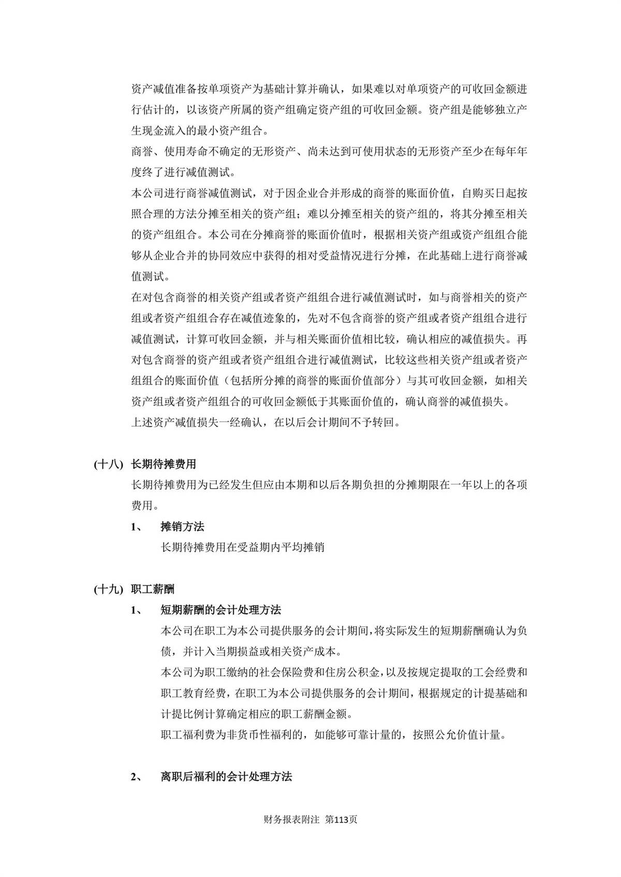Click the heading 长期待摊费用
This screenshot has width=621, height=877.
click(164, 464)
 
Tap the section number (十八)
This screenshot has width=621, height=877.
click(108, 464)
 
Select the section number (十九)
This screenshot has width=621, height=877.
click(108, 589)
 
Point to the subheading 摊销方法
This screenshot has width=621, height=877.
click(182, 527)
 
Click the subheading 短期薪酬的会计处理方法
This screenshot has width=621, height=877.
click(221, 610)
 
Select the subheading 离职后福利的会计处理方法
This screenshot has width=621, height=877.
click(226, 777)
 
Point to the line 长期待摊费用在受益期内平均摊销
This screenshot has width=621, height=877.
click(243, 547)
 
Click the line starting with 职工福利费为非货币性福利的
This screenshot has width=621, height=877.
click(333, 735)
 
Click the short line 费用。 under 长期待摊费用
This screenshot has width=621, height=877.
click(147, 505)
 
